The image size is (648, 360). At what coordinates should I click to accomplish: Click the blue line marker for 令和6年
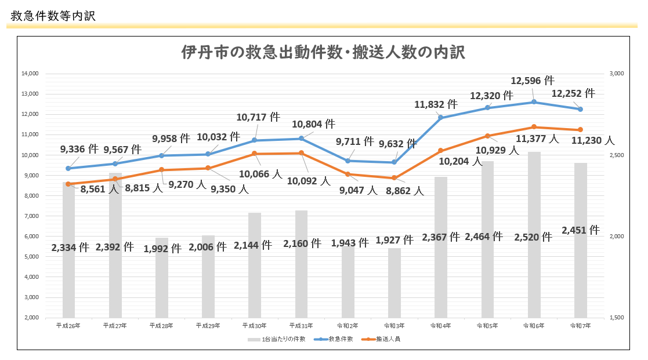(x=534, y=102)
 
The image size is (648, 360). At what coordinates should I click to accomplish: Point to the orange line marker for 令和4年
(x=440, y=151)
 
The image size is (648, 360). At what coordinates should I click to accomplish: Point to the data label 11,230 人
(x=592, y=140)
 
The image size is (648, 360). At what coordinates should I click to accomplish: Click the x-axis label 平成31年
(x=302, y=326)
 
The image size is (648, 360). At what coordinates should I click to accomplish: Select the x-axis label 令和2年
(x=348, y=326)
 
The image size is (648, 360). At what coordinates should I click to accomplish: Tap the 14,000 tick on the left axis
(x=29, y=74)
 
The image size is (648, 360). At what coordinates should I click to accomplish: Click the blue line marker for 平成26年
(x=68, y=168)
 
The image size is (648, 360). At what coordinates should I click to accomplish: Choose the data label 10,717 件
(x=258, y=117)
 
